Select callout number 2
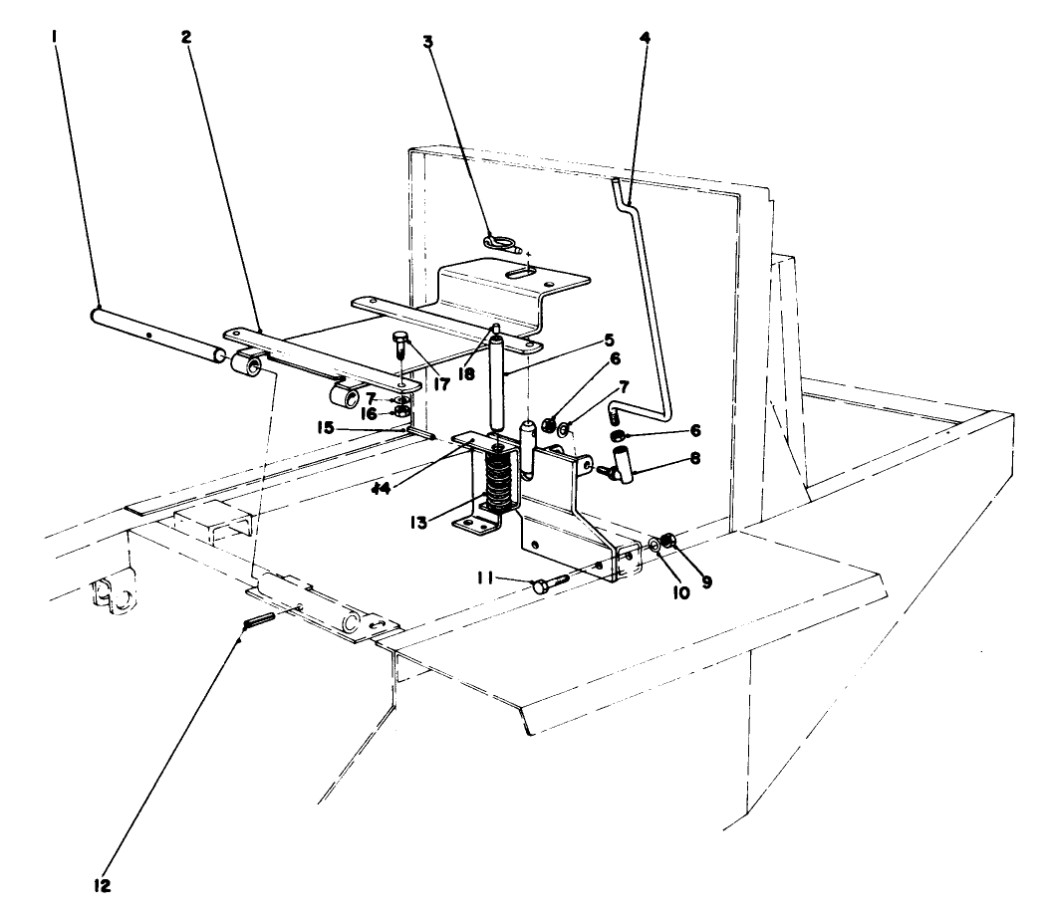185,37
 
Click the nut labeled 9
670,541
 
